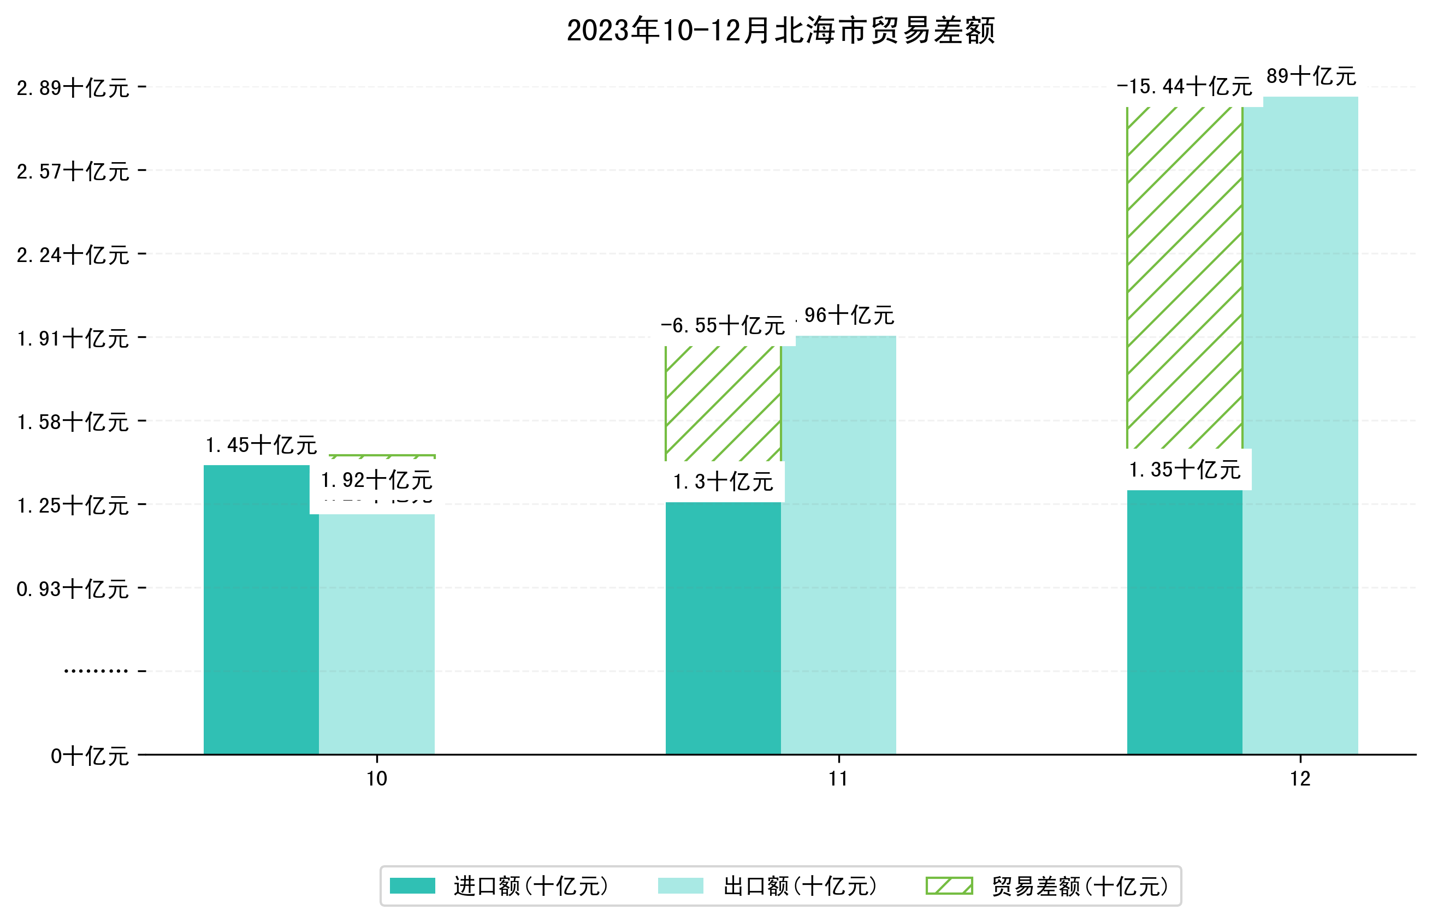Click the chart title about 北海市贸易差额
[x=780, y=31]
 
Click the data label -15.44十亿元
[x=1184, y=87]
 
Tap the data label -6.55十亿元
[x=723, y=326]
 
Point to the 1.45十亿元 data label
[x=261, y=445]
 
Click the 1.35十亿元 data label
[x=1184, y=470]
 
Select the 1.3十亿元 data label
[x=723, y=482]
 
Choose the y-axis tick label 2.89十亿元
[x=73, y=88]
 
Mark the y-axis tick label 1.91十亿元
[x=73, y=338]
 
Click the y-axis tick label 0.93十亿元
[x=73, y=589]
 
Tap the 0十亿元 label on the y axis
[x=90, y=756]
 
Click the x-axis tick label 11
[x=838, y=778]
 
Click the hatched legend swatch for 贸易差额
[x=949, y=886]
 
